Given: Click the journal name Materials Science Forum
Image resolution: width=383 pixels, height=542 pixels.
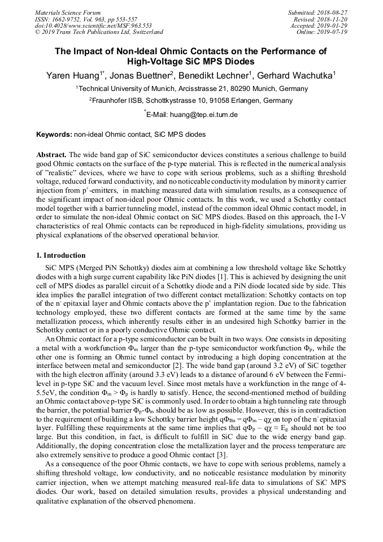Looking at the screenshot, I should [x=68, y=12].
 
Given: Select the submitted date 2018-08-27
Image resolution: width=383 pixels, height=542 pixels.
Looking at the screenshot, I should [x=332, y=12].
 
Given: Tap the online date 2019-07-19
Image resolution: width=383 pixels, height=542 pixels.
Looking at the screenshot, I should [x=332, y=32].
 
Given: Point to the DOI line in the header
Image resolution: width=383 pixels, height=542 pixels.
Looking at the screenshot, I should [x=93, y=25].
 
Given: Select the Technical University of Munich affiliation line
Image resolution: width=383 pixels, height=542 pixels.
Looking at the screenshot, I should [x=191, y=89].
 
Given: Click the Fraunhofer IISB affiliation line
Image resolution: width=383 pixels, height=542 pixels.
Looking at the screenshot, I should [x=191, y=101].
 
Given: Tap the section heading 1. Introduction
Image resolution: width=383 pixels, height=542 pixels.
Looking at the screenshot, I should [x=61, y=255].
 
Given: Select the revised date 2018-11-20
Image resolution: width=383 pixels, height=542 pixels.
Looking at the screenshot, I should [x=332, y=19].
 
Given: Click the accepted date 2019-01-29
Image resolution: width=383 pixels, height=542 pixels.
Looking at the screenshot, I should [x=332, y=25].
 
